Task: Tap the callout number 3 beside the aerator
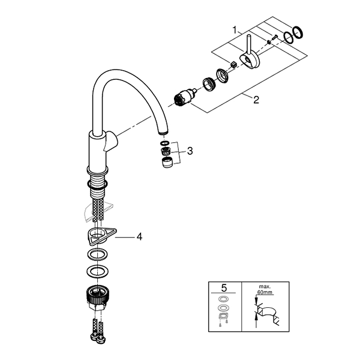click(190, 151)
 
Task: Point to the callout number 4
click(139, 237)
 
